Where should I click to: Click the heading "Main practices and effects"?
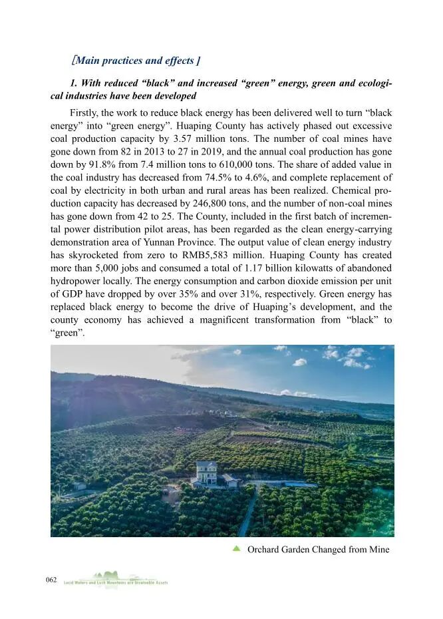click(x=136, y=61)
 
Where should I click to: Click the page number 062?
click(x=51, y=580)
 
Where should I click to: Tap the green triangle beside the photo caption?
click(x=235, y=548)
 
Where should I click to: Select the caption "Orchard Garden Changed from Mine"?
click(x=318, y=549)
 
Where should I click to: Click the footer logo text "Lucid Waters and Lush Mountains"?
click(x=116, y=582)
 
